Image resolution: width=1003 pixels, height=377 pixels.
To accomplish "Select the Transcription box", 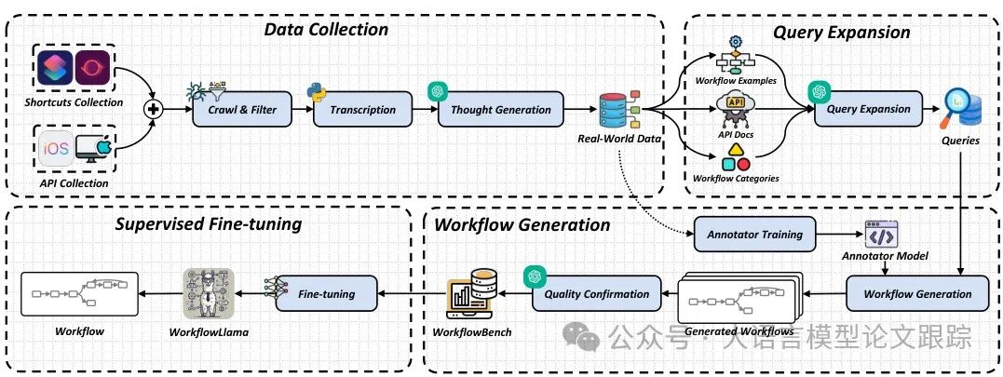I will pyautogui.click(x=362, y=110).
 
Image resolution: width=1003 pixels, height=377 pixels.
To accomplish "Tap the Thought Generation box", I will pyautogui.click(x=501, y=110).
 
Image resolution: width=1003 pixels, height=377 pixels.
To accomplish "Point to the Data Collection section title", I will pyautogui.click(x=326, y=30).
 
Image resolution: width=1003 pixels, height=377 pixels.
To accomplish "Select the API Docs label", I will pyautogui.click(x=736, y=135).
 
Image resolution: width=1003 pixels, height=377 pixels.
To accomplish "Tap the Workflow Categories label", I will pyautogui.click(x=736, y=178).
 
